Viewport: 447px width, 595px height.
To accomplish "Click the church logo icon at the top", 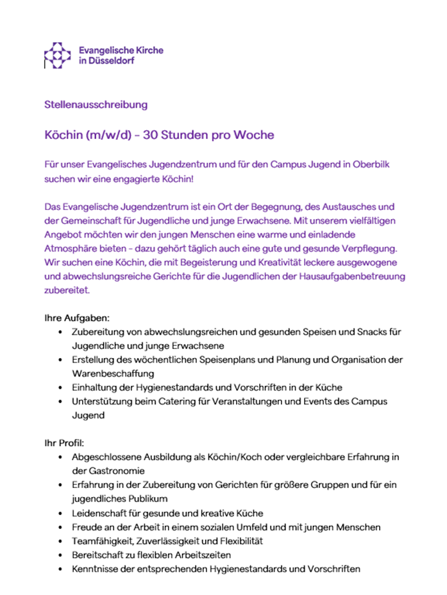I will tap(56, 55).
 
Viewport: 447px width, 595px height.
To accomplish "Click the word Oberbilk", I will tap(370, 165).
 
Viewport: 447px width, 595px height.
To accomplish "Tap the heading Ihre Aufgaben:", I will tap(77, 318).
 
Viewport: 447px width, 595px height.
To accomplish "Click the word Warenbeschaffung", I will tap(113, 373).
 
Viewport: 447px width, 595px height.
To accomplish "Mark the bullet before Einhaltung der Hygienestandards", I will tap(60, 387).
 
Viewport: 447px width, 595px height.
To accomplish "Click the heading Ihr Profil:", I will tap(67, 443).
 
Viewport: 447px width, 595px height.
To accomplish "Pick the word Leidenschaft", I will tap(102, 513).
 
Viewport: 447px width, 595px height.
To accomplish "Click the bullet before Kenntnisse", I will tap(60, 568).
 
